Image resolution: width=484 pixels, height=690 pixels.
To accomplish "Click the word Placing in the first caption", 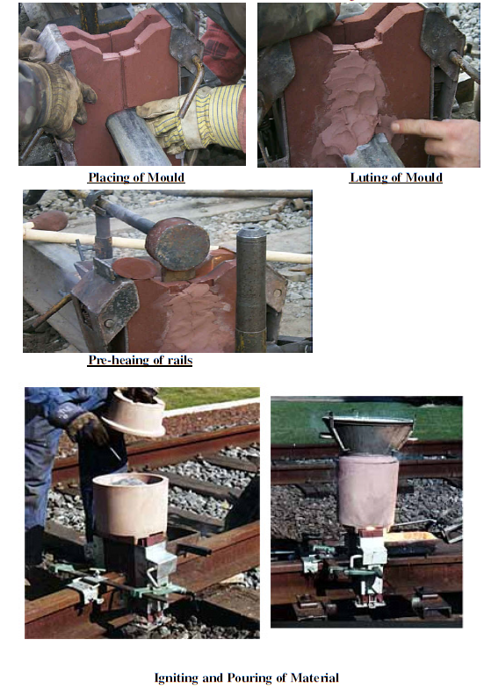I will (x=106, y=176).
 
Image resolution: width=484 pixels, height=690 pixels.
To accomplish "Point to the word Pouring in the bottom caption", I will (x=249, y=677).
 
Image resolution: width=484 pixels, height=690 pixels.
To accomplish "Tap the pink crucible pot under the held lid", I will (x=130, y=506).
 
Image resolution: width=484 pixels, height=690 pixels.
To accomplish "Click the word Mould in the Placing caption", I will (x=164, y=176).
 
